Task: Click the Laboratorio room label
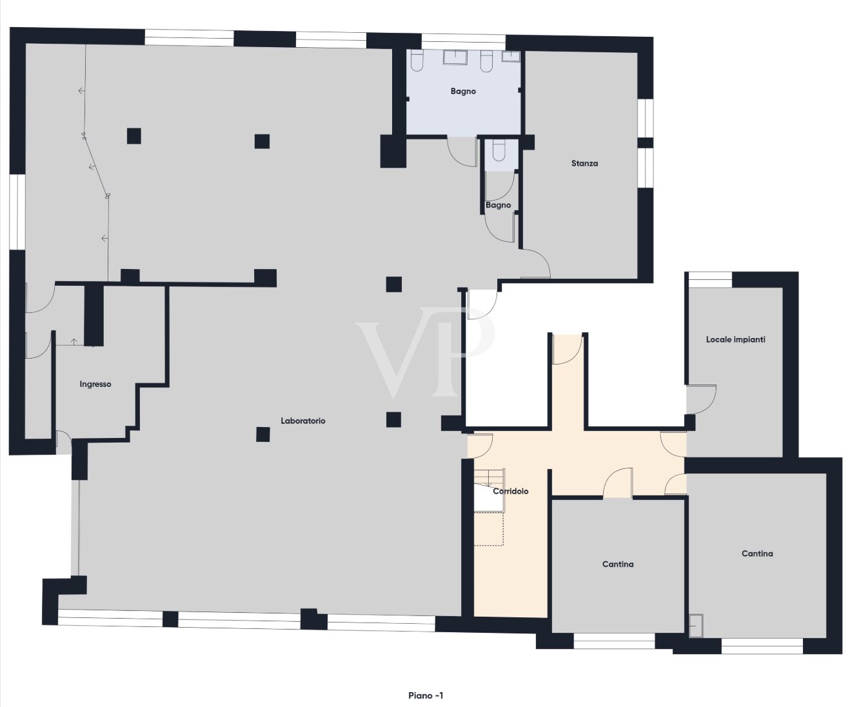tap(302, 421)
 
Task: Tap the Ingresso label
tap(95, 384)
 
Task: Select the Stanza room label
tap(584, 163)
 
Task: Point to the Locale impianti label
tap(735, 339)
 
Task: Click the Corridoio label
tap(511, 491)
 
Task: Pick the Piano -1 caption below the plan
tap(426, 695)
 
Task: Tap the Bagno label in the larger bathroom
tap(463, 91)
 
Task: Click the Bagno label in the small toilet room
tap(498, 205)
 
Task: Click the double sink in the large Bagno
tap(457, 58)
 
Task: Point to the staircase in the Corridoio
tap(488, 490)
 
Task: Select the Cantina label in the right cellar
tap(757, 553)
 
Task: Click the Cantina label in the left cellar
tap(618, 564)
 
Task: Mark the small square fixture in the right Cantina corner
tap(696, 624)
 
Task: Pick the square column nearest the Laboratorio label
tap(262, 434)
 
